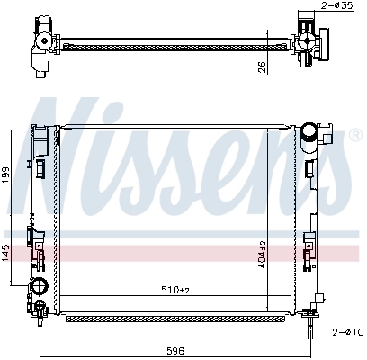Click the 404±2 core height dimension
tap(264, 255)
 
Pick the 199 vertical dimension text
tap(6, 173)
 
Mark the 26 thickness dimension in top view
tap(260, 65)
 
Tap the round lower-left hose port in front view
tap(39, 289)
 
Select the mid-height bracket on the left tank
tap(36, 238)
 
